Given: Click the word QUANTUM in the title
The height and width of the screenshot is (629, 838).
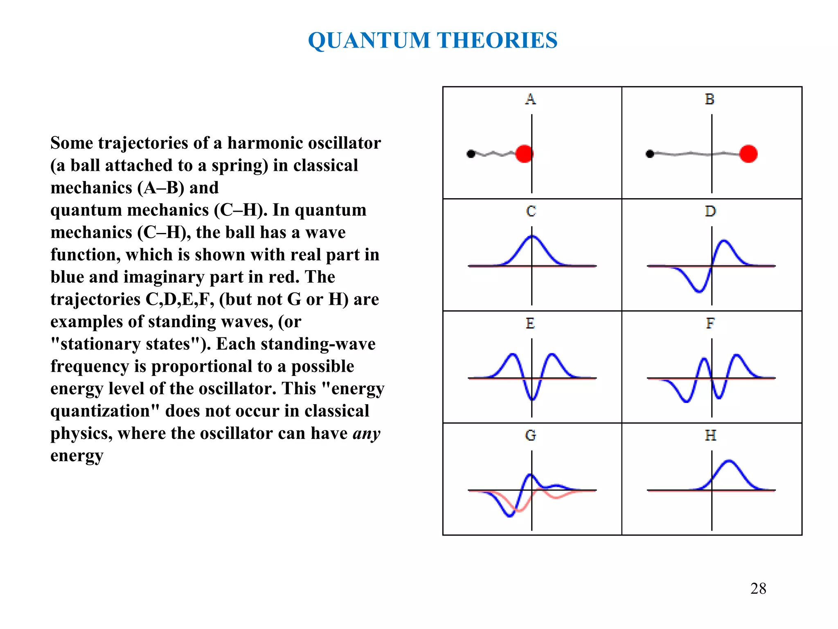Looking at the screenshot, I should click(x=369, y=41).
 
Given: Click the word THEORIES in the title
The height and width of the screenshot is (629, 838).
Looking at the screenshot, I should click(x=497, y=41).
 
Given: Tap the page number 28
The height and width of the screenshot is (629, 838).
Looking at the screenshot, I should click(x=758, y=588).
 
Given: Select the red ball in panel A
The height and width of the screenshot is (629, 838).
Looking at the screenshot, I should click(x=524, y=154).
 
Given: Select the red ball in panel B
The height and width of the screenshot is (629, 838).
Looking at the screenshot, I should click(x=748, y=154).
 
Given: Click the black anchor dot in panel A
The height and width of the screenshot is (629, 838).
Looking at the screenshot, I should click(x=471, y=154).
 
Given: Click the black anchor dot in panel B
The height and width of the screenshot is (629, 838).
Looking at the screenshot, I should click(x=650, y=154).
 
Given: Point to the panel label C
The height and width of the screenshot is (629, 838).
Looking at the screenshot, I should click(x=531, y=211).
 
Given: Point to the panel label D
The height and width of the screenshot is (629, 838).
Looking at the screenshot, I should click(x=710, y=211).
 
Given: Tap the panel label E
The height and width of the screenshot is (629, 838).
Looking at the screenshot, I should click(x=530, y=324).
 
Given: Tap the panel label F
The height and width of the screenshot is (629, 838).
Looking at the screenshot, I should click(x=710, y=324).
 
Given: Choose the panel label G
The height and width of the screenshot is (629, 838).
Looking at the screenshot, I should click(x=531, y=435).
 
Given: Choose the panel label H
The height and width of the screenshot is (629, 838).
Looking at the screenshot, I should click(x=711, y=435).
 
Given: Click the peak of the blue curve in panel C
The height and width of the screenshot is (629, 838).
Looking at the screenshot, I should click(x=532, y=236).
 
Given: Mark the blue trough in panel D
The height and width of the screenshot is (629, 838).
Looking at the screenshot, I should click(x=699, y=292).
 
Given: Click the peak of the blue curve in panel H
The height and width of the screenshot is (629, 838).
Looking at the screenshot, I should click(x=729, y=461).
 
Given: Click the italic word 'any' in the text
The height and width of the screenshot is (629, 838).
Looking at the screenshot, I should click(x=367, y=433).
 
